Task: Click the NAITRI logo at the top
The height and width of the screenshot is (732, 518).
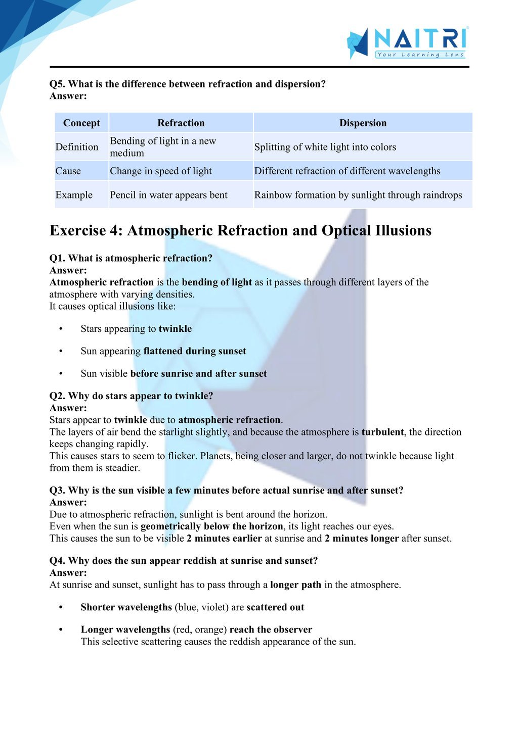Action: [x=408, y=42]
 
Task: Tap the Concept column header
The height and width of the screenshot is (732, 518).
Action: [x=81, y=123]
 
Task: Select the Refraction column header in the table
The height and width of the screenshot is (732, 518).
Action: [x=181, y=123]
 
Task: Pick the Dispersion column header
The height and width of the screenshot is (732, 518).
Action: [x=363, y=123]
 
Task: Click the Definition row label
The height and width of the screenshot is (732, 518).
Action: [x=77, y=147]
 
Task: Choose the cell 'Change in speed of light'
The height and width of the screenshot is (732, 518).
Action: [x=161, y=171]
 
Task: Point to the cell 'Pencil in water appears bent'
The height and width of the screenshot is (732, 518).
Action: [x=168, y=195]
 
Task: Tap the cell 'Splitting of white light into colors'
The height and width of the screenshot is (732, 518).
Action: [x=325, y=147]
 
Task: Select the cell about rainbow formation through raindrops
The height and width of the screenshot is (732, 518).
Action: [x=358, y=195]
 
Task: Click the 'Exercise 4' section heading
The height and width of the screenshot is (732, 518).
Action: [x=240, y=230]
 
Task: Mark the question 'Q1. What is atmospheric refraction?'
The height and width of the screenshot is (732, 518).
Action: [x=131, y=258]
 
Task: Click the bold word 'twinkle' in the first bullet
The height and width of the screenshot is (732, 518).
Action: [x=175, y=329]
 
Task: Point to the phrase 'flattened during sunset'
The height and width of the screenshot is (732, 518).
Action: [x=195, y=351]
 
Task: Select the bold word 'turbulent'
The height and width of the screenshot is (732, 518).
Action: [x=382, y=432]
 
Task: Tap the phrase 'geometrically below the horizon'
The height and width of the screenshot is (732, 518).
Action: [x=212, y=526]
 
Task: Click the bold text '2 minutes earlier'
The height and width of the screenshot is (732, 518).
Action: [x=224, y=539]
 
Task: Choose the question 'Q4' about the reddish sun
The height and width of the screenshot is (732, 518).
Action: [x=184, y=561]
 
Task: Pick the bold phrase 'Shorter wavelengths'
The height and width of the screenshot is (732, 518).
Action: [x=126, y=607]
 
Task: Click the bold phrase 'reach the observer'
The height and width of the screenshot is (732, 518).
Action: [x=271, y=629]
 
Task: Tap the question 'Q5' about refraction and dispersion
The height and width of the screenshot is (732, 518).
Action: [x=188, y=84]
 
